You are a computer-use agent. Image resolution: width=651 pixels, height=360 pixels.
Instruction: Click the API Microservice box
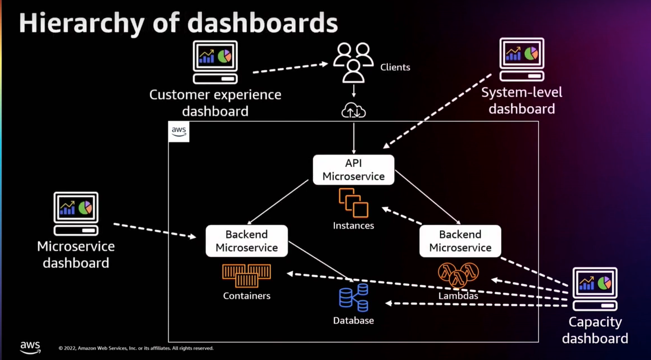coord(354,170)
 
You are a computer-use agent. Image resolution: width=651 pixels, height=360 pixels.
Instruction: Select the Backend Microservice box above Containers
coord(246,241)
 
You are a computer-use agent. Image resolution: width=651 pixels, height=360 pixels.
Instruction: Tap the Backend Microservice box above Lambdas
coord(460,241)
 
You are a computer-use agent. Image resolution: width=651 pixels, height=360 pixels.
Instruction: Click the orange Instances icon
coord(354,203)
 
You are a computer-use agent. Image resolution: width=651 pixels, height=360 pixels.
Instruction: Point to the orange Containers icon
coord(246,275)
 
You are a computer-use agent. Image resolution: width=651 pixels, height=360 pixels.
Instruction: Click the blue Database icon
coord(354,297)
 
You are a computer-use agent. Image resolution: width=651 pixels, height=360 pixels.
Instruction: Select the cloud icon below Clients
coord(354,111)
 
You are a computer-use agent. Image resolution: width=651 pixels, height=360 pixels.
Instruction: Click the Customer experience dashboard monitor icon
coord(216,62)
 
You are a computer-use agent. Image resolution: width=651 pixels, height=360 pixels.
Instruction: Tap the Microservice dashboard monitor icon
coord(76,213)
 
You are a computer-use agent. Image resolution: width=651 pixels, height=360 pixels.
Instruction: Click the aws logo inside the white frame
coord(179,131)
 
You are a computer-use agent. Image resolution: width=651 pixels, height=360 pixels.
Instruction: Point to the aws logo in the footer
coord(30,347)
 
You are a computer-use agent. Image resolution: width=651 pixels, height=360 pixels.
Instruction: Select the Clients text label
coord(395,67)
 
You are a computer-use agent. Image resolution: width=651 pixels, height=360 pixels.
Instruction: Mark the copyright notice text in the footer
coord(136,348)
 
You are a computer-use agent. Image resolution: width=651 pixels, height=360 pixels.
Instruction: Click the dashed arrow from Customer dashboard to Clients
coord(290,68)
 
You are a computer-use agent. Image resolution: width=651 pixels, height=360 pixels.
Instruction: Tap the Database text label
coord(354,321)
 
